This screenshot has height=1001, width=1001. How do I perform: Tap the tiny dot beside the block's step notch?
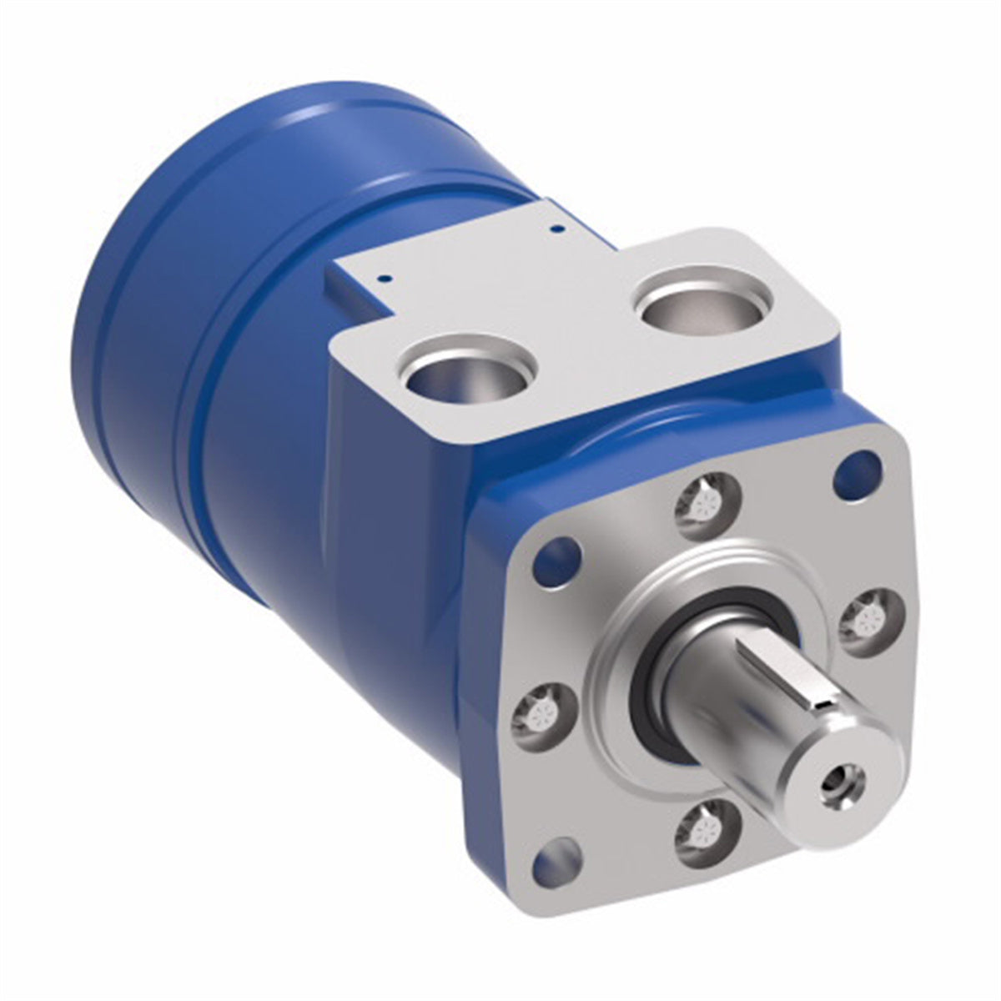pyautogui.click(x=380, y=280)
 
